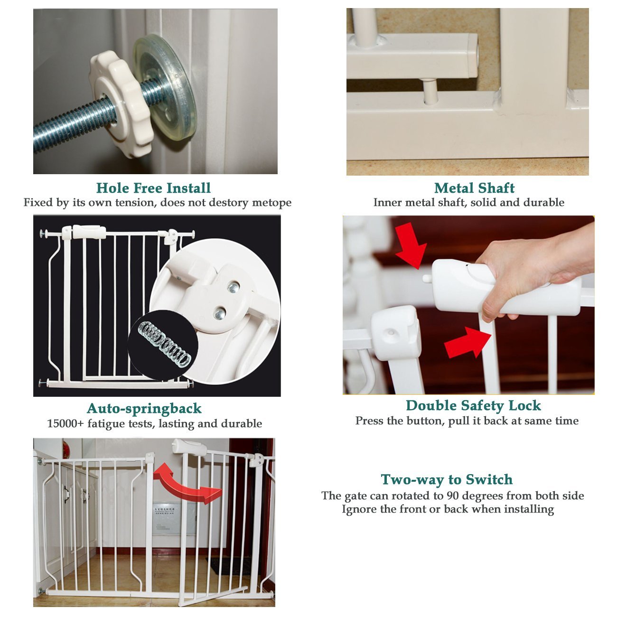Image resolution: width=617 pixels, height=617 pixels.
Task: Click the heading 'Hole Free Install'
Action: [153, 188]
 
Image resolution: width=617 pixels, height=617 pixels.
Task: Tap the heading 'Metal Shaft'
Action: [474, 188]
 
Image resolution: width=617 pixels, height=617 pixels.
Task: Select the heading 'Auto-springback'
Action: [144, 409]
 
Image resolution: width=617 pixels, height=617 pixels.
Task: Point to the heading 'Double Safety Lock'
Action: [473, 406]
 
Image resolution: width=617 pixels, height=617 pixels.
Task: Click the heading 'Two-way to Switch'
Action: [447, 480]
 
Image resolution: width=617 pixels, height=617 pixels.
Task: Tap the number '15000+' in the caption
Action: [65, 424]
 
